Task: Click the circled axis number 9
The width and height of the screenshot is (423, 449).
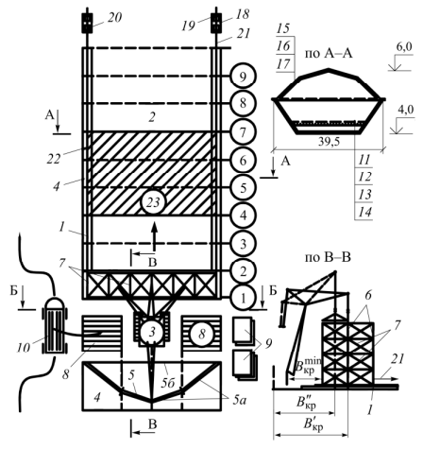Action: (x=243, y=77)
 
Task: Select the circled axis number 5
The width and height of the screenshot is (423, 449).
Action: (x=243, y=188)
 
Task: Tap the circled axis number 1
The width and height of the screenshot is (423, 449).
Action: (x=243, y=298)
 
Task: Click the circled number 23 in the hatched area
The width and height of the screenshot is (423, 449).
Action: (x=153, y=202)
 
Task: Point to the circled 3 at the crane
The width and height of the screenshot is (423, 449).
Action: (x=152, y=332)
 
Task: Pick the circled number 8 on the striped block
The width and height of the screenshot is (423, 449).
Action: (x=202, y=334)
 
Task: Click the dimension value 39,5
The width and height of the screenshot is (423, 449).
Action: (x=329, y=142)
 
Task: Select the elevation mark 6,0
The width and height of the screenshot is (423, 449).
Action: (x=404, y=47)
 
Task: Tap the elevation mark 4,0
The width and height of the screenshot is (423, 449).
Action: (x=406, y=111)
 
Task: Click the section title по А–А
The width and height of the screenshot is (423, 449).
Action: (x=329, y=53)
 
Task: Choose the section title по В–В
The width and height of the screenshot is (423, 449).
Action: (x=328, y=257)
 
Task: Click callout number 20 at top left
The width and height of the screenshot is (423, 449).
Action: (x=114, y=18)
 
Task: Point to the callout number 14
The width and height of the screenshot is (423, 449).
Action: (x=365, y=212)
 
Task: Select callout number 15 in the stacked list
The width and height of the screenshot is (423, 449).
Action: (x=283, y=28)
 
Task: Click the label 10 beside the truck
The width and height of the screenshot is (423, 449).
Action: (x=24, y=347)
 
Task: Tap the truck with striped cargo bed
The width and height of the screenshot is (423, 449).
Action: (x=55, y=325)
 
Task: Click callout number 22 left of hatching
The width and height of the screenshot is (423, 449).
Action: (x=54, y=159)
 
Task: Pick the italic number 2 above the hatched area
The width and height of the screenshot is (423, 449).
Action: (x=152, y=117)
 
